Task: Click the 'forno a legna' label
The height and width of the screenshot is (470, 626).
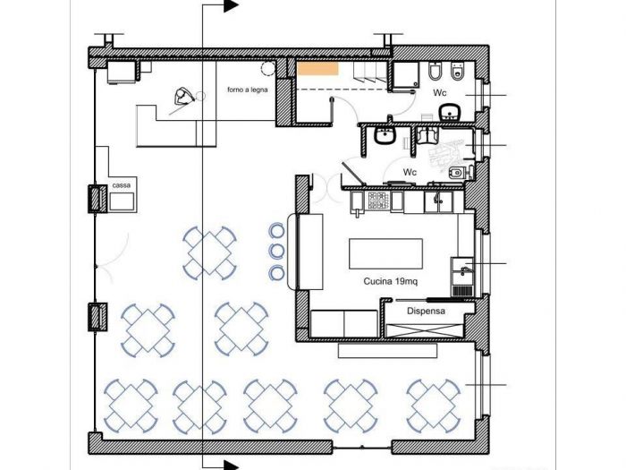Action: click(248, 90)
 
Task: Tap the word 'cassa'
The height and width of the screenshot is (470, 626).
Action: click(121, 185)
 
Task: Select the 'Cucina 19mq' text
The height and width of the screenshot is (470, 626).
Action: click(391, 281)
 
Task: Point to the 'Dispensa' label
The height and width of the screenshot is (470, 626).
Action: click(426, 311)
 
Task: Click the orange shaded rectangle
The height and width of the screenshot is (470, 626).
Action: click(318, 69)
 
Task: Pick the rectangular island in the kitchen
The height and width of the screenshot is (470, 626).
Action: click(385, 253)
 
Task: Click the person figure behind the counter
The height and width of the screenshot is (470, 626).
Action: click(183, 97)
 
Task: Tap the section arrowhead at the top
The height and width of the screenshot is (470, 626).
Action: click(231, 5)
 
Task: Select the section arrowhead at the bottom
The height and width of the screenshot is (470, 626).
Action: click(231, 466)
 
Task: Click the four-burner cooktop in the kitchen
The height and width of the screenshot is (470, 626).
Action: click(378, 201)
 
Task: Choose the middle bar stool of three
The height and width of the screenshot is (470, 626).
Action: click(276, 251)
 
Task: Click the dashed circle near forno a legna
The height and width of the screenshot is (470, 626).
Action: click(268, 68)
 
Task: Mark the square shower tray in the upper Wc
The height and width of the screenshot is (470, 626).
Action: click(406, 74)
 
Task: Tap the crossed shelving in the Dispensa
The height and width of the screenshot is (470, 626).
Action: click(425, 331)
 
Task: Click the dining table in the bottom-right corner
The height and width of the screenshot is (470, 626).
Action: click(434, 406)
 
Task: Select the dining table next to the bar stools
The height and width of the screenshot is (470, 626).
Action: click(209, 253)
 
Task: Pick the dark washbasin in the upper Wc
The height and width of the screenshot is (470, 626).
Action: click(451, 112)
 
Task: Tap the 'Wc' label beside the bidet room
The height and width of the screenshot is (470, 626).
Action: click(410, 172)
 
